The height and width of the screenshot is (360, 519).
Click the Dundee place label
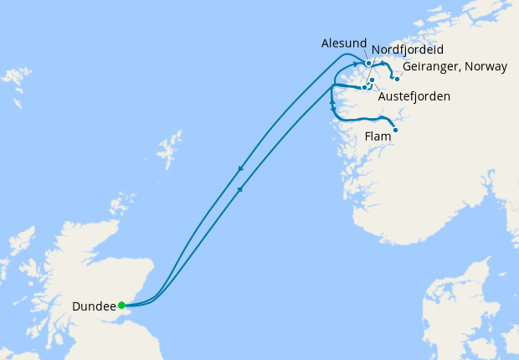pyautogui.click(x=93, y=306)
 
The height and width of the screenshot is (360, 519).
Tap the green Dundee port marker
pyautogui.click(x=121, y=305)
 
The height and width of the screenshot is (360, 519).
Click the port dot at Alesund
pyautogui.click(x=368, y=63)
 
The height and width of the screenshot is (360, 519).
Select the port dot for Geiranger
pyautogui.click(x=397, y=79)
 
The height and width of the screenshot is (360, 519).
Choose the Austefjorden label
pyautogui.click(x=414, y=96)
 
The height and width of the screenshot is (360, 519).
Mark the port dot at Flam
pyautogui.click(x=395, y=130)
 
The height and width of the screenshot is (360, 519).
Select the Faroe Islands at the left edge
pyautogui.click(x=13, y=80)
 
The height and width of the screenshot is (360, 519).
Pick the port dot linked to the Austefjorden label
pyautogui.click(x=365, y=87)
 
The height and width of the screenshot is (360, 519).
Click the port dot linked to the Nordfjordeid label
pyautogui.click(x=372, y=80)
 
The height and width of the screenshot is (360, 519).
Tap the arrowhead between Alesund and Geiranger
pyautogui.click(x=383, y=63)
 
